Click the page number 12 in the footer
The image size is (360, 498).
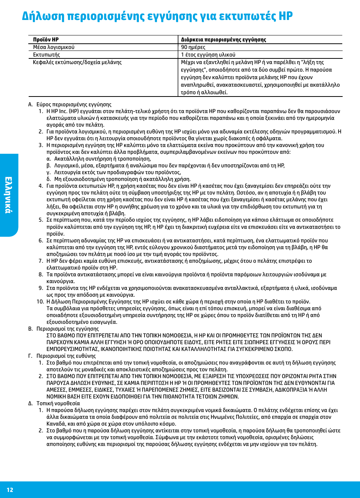(10, 490)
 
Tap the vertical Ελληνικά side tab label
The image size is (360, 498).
(8, 195)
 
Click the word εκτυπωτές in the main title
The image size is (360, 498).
(247, 16)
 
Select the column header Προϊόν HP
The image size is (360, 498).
(46, 40)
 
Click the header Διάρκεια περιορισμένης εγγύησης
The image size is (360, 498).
(223, 40)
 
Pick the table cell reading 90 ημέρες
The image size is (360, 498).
(193, 47)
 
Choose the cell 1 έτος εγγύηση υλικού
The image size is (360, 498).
(208, 55)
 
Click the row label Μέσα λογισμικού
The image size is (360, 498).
(54, 47)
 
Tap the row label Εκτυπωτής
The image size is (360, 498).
(46, 55)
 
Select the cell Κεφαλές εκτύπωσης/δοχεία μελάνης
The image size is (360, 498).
(77, 62)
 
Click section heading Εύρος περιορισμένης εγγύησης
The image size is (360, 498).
(74, 104)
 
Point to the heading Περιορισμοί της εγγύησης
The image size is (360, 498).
(68, 329)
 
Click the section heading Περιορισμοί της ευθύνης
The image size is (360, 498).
(66, 356)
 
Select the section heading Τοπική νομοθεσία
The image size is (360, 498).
(58, 403)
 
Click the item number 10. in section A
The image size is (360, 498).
(40, 302)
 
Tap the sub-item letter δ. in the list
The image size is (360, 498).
(49, 179)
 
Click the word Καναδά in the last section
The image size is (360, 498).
(56, 424)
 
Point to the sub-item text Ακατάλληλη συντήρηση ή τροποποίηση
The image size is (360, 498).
(97, 159)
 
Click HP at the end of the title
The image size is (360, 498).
(285, 16)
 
